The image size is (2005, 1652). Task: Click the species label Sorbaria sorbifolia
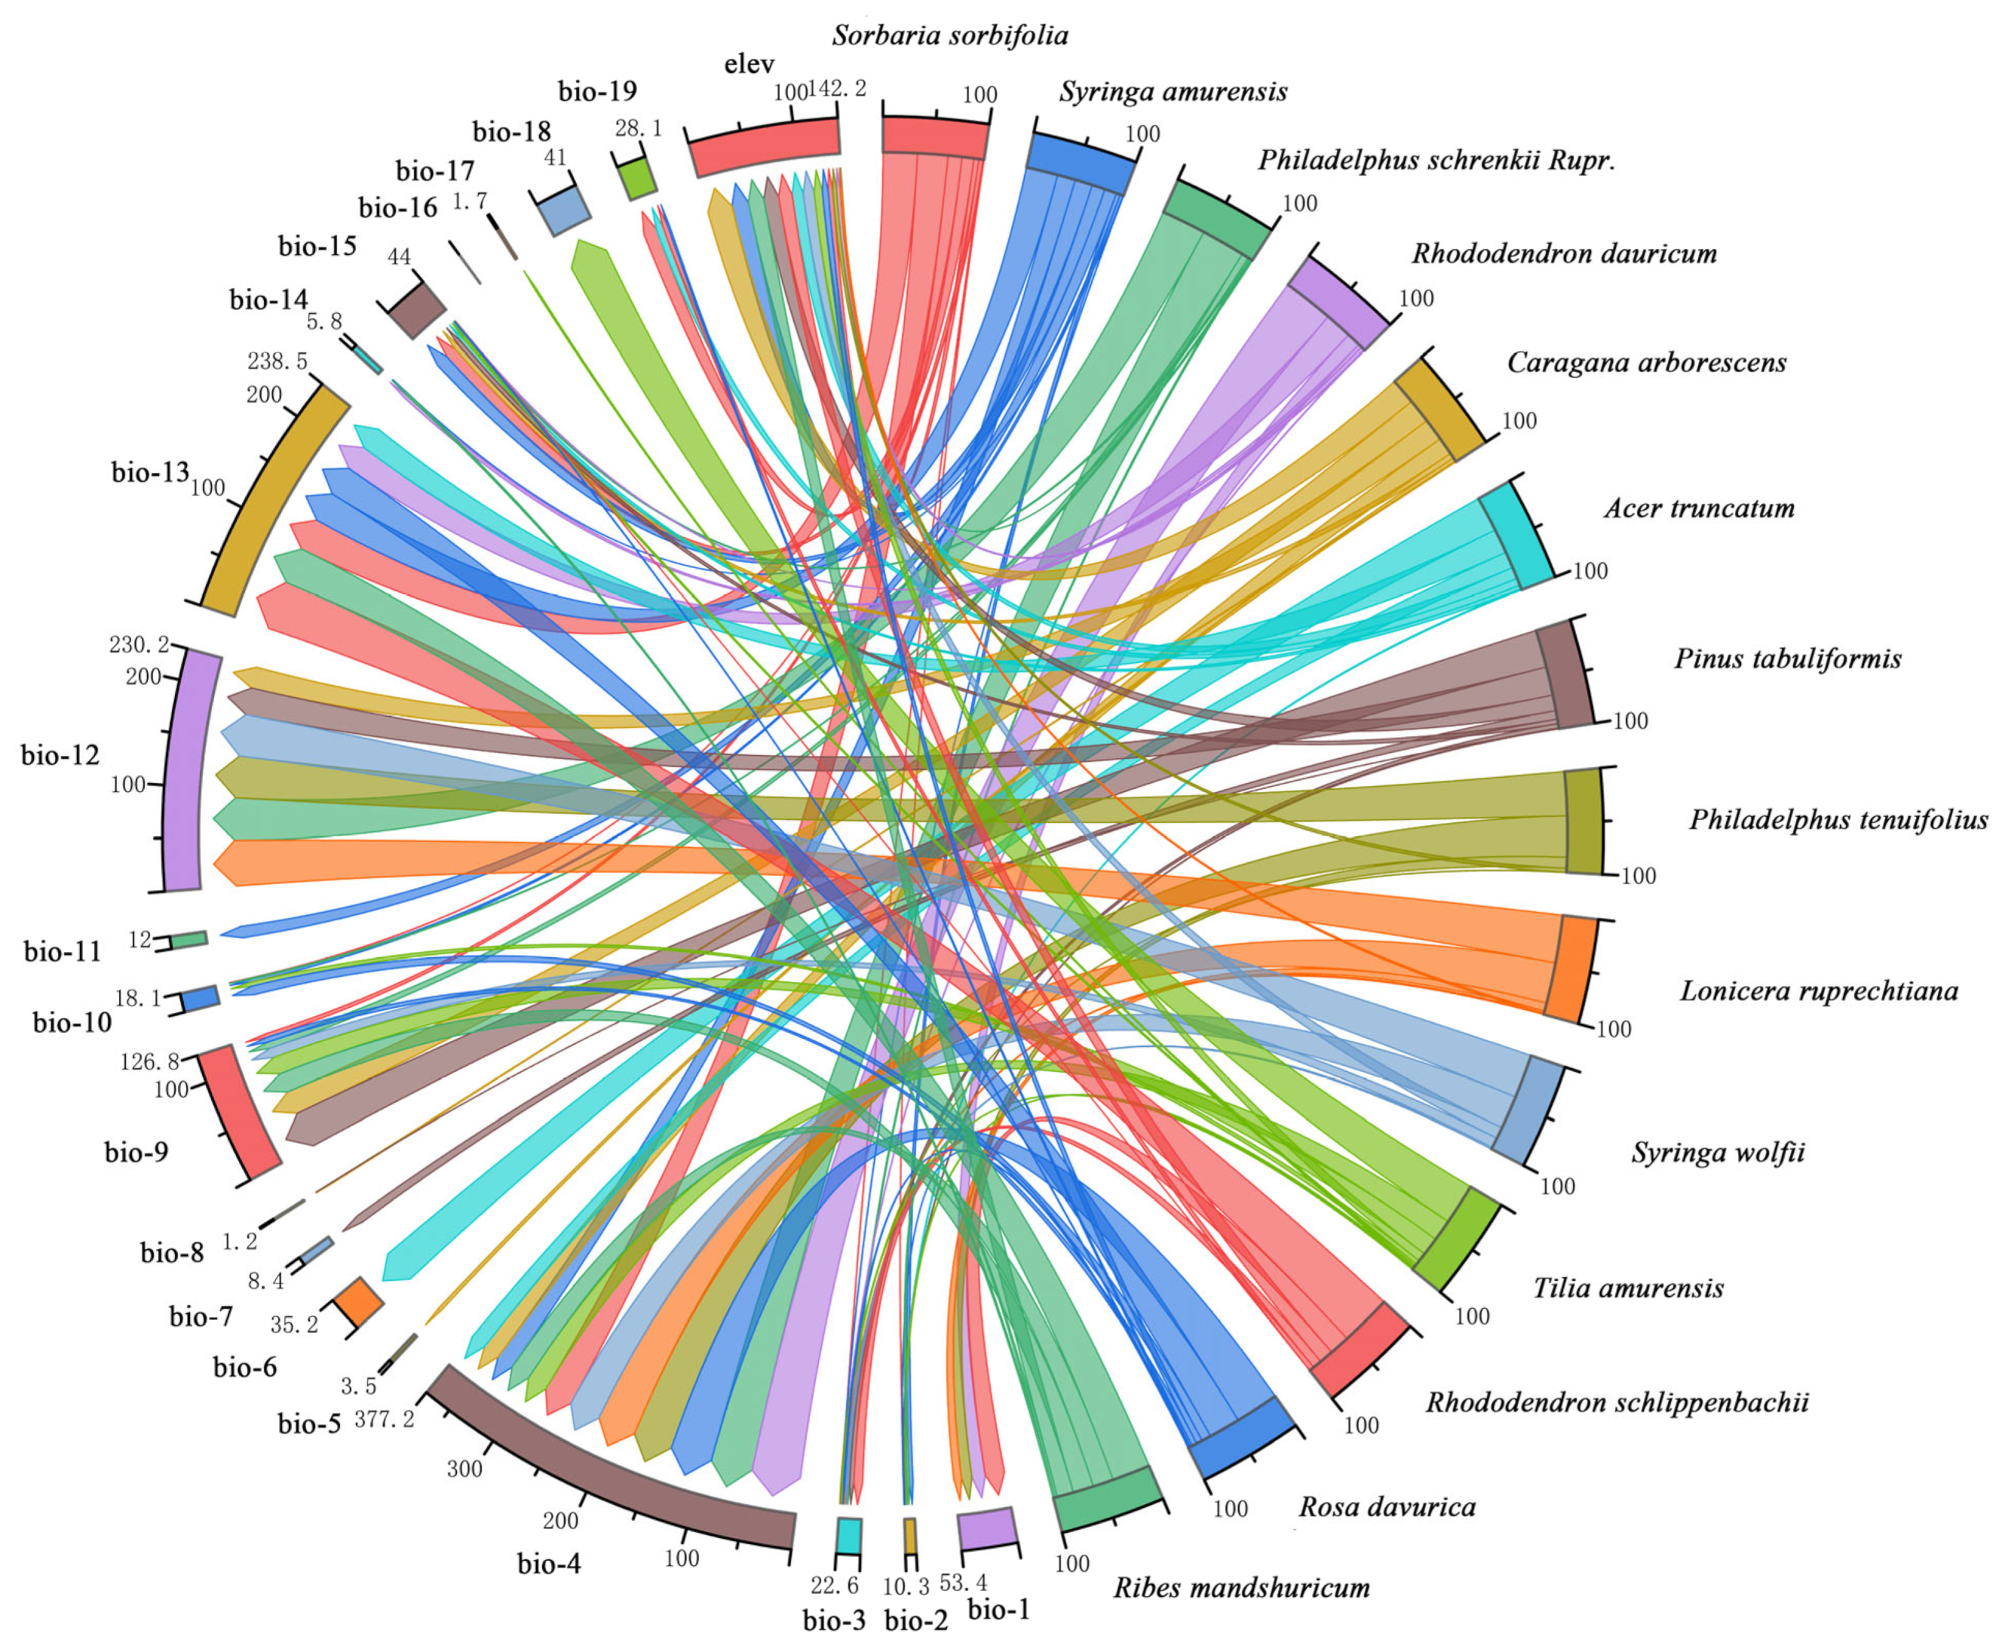coord(949,36)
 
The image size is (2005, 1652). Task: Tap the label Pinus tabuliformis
coord(1787,659)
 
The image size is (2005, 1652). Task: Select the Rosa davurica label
coord(1387,1506)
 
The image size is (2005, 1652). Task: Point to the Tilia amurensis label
coord(1627,1288)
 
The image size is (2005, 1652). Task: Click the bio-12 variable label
coord(60,756)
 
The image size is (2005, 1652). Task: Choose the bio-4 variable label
coord(548,1564)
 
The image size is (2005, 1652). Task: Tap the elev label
coord(749,65)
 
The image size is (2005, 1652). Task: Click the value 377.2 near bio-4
coord(385,1420)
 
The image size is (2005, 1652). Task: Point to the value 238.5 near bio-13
coord(277,361)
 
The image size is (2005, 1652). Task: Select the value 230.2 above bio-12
coord(139,645)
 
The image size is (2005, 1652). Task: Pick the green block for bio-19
coord(636,178)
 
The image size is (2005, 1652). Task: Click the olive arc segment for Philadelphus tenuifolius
coord(1583,821)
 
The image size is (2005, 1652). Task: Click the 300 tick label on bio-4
coord(464,1469)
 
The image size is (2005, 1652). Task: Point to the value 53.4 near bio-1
coord(963,1583)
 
